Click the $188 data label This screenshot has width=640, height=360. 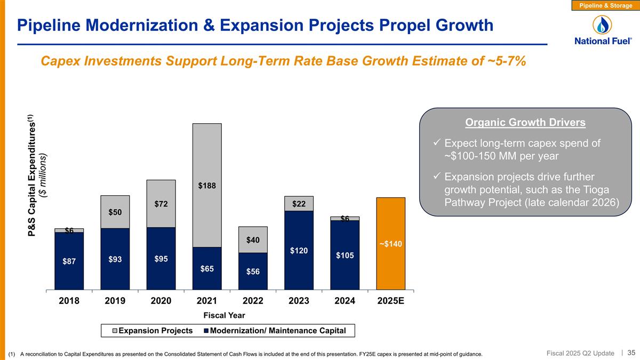pos(207,186)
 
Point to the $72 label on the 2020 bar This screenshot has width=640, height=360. pos(161,204)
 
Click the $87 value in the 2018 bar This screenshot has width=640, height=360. pos(69,261)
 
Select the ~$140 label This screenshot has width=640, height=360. pos(391,244)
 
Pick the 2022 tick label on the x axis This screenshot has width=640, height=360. pos(253,300)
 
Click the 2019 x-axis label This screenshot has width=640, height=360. pos(115,300)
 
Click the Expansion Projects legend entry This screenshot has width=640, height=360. pos(151,331)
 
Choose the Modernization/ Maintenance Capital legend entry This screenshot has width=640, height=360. pos(277,331)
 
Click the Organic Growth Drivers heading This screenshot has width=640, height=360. pos(525,123)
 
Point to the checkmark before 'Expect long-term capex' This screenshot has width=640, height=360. pos(436,143)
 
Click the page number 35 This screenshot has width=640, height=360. pos(631,353)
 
